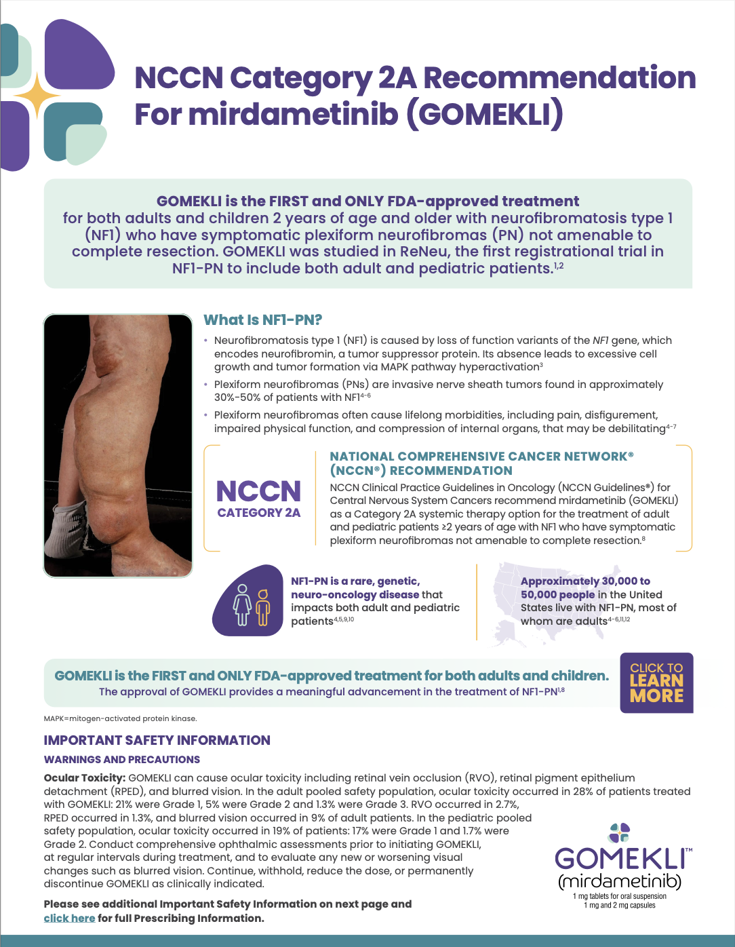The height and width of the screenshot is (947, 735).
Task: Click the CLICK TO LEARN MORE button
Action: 656,682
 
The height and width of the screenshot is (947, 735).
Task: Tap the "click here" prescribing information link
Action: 69,918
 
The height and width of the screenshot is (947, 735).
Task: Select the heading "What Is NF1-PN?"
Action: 263,320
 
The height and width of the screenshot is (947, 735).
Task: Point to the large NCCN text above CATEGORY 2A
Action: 258,491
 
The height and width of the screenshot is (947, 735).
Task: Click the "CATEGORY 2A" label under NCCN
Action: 258,513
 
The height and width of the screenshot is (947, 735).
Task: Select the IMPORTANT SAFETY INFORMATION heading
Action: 157,740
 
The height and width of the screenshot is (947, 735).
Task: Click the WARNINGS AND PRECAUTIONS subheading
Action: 122,760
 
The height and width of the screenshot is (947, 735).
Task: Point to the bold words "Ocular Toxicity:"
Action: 85,778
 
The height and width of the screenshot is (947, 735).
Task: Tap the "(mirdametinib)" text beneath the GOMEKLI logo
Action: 620,881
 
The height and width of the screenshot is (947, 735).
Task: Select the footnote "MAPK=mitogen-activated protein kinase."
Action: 120,718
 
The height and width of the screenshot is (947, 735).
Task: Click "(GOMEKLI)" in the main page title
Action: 484,114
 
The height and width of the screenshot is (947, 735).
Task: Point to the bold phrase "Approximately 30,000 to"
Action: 585,581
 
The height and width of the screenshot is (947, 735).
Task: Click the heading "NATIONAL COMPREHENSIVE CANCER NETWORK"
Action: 481,457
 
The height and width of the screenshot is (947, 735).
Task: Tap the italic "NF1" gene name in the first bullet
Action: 601,341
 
